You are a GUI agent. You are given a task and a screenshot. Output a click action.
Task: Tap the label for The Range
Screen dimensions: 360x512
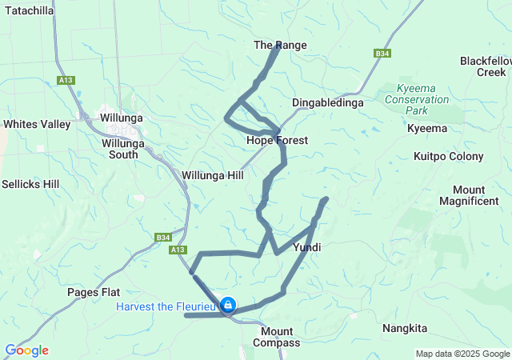pos(280,45)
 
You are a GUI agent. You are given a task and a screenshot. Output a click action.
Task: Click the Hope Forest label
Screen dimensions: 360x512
pos(277,140)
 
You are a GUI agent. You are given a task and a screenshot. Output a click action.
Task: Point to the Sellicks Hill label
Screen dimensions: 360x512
pos(30,184)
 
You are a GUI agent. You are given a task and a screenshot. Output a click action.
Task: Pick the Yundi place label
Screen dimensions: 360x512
pos(307,247)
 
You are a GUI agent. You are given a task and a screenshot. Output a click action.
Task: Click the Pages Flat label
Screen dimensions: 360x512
pos(94,291)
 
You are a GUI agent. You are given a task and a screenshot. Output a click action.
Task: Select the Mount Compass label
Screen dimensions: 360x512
pos(281,337)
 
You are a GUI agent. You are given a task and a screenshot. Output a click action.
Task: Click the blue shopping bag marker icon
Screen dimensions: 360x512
pos(228,305)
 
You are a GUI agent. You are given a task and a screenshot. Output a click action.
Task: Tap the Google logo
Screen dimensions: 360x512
pos(26,350)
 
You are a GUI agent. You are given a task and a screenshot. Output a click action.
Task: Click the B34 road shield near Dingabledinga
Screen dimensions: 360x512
pos(382,54)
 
